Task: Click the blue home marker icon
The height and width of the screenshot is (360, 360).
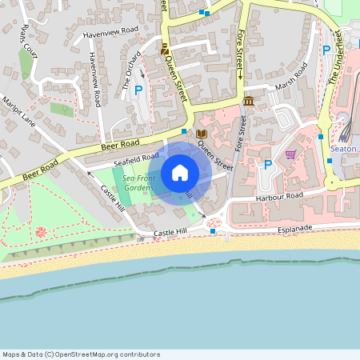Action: point(180,172)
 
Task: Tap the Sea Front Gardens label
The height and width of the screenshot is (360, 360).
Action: point(132,182)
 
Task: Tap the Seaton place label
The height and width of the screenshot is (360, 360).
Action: point(342,149)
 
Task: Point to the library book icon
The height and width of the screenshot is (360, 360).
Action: point(202,133)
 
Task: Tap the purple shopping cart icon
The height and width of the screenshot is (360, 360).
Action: point(290,154)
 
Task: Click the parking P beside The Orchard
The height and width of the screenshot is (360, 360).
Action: point(138,91)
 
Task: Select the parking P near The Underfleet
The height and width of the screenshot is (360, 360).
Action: point(326,50)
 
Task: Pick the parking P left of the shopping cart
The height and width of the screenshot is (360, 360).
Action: point(268,165)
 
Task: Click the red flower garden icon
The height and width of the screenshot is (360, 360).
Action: point(41,232)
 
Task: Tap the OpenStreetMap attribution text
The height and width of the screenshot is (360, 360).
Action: point(81,354)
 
